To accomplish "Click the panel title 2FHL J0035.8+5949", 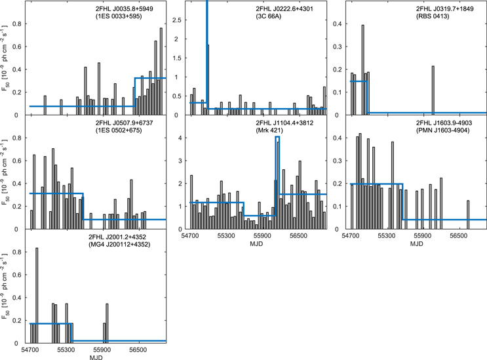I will (123, 9).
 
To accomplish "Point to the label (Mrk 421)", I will (270, 131).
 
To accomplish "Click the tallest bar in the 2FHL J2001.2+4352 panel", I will (37, 295).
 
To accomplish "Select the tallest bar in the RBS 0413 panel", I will (362, 70).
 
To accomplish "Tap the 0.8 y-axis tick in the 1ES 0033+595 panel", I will (18, 24).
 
